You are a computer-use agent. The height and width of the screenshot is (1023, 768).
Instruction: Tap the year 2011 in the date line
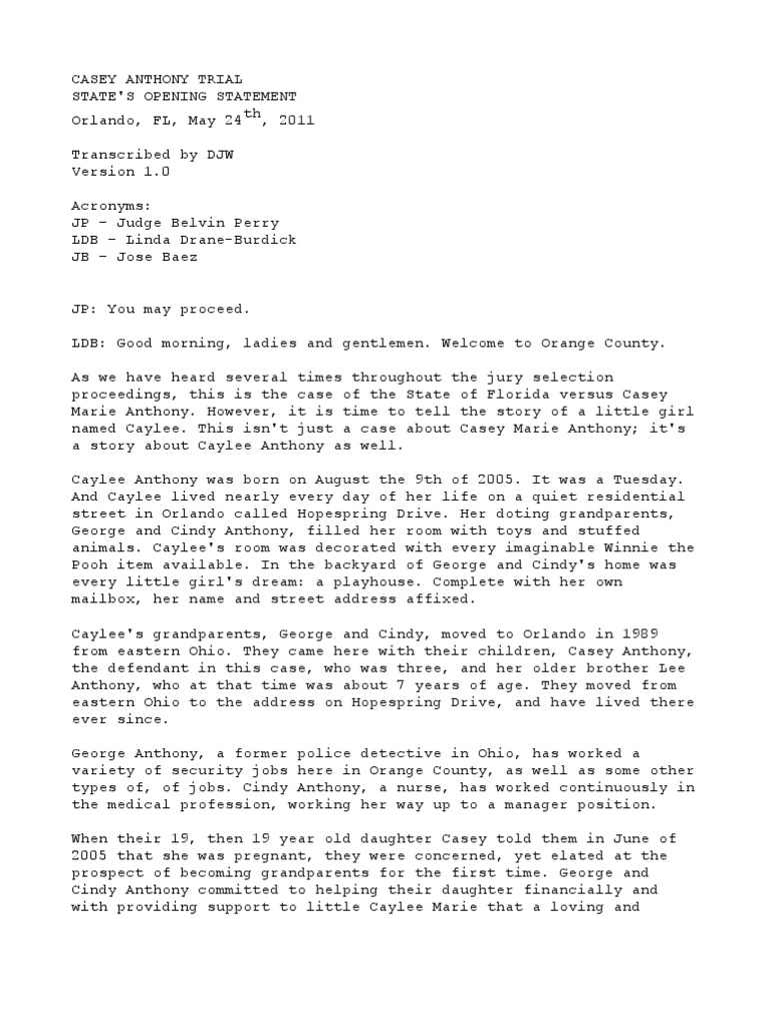[x=297, y=121]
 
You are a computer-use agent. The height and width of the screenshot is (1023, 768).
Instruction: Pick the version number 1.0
[x=157, y=172]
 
